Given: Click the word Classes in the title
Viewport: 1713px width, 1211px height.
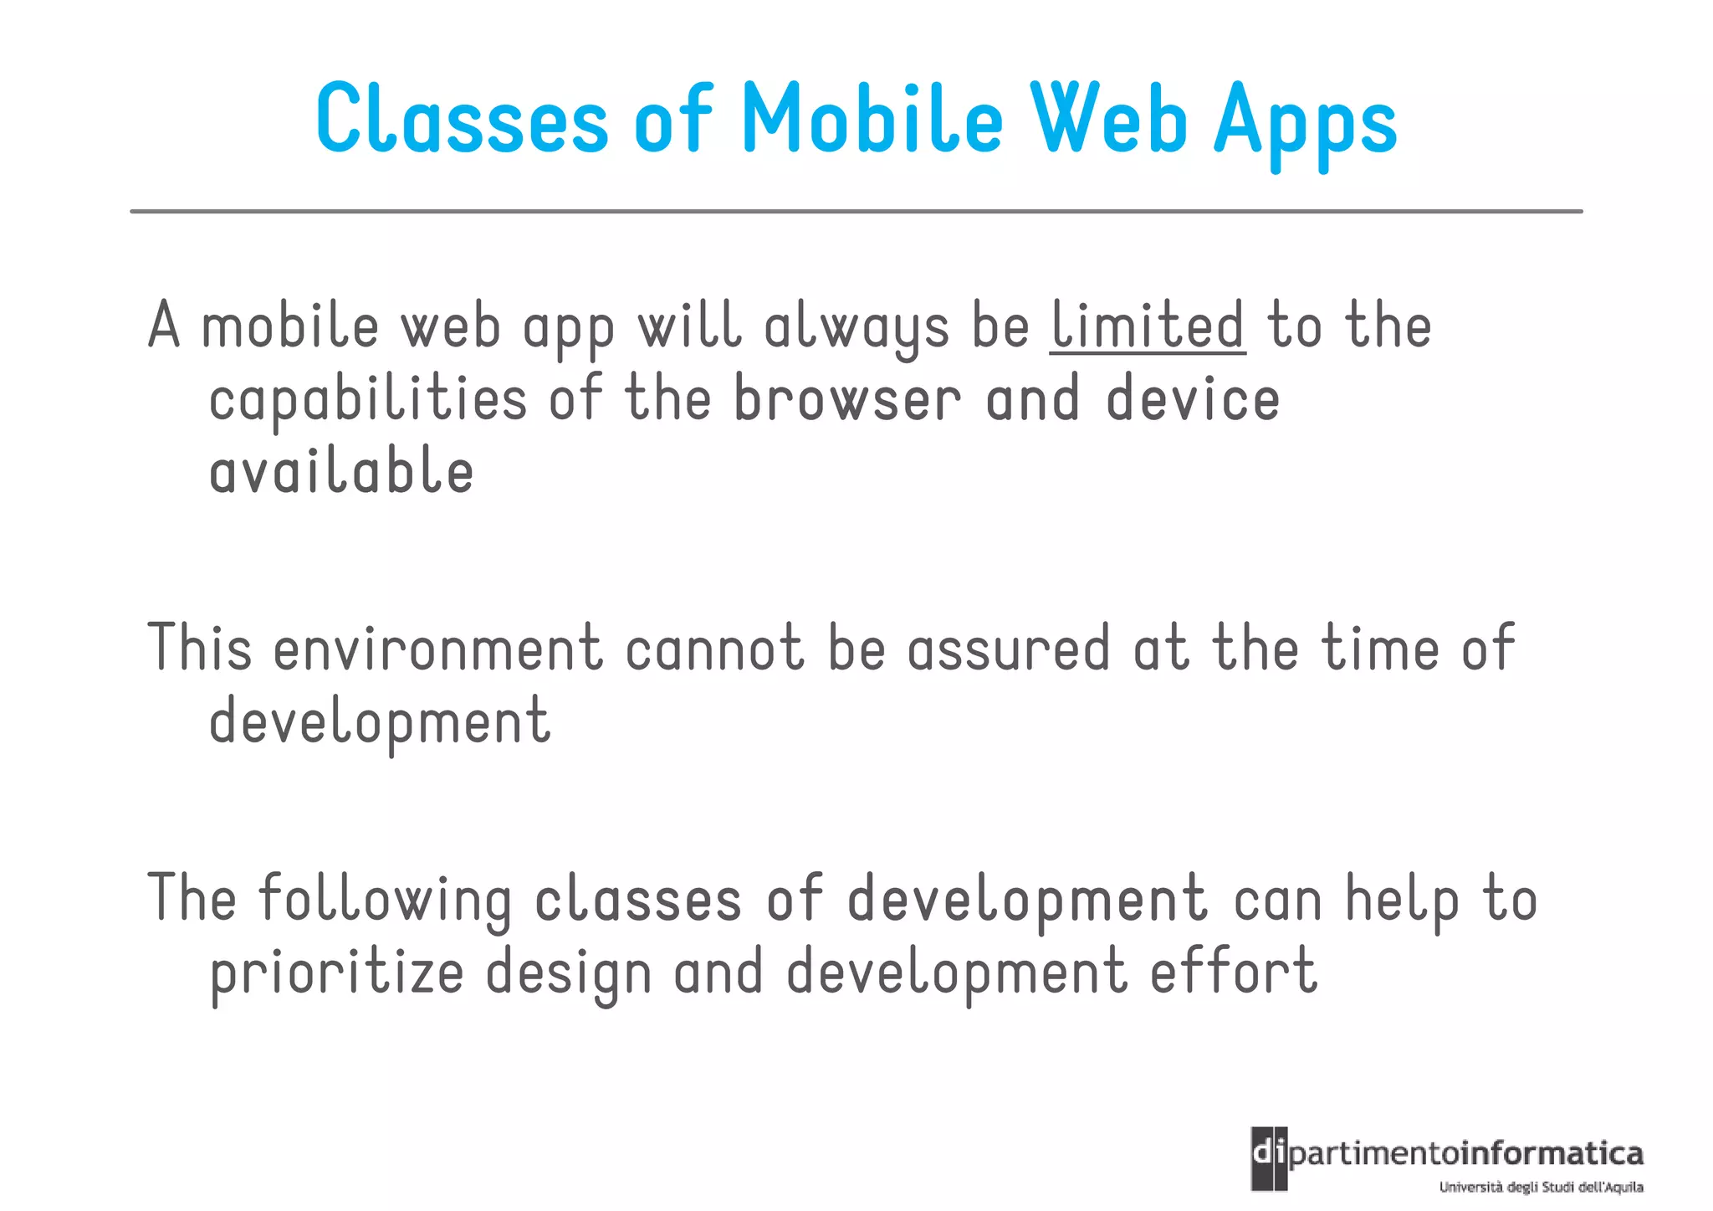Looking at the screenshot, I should (462, 120).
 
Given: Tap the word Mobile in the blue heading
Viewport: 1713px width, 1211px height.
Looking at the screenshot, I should (872, 120).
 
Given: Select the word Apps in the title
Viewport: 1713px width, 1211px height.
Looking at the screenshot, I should (1306, 124).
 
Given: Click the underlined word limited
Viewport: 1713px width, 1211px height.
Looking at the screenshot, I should (1148, 326).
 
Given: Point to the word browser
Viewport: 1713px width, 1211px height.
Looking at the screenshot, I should (847, 399).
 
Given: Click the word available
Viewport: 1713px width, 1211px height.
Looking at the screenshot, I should (341, 471).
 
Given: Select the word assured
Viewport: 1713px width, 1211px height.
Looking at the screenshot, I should (1009, 649).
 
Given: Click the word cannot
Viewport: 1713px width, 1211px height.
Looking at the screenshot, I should (715, 649).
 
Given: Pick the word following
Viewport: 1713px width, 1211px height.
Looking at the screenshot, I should (385, 901).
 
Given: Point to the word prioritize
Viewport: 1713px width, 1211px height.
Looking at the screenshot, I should (336, 973).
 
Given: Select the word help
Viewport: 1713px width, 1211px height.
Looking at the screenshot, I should (1403, 901).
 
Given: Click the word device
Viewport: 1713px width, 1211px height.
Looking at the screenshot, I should (1193, 399).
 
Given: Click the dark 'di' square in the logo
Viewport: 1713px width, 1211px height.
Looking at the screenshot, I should (1269, 1158).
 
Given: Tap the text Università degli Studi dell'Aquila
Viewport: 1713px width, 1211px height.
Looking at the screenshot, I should (1541, 1187).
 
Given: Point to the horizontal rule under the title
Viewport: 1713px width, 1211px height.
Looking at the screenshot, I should (856, 212).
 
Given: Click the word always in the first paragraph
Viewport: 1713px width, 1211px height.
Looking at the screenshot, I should (856, 327).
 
